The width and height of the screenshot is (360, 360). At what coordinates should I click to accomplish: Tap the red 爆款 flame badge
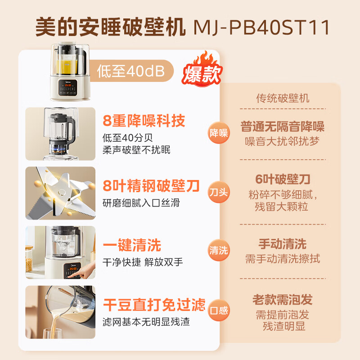click(201, 72)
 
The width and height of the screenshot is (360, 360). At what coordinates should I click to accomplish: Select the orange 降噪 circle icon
click(219, 133)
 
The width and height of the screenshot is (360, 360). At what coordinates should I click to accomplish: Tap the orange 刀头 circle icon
click(219, 192)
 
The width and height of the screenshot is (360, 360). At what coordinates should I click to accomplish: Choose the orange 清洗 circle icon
click(219, 251)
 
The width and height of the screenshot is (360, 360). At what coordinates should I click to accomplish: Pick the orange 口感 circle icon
click(219, 310)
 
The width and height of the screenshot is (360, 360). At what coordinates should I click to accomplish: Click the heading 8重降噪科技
click(144, 121)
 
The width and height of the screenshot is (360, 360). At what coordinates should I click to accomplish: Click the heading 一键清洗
click(132, 245)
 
